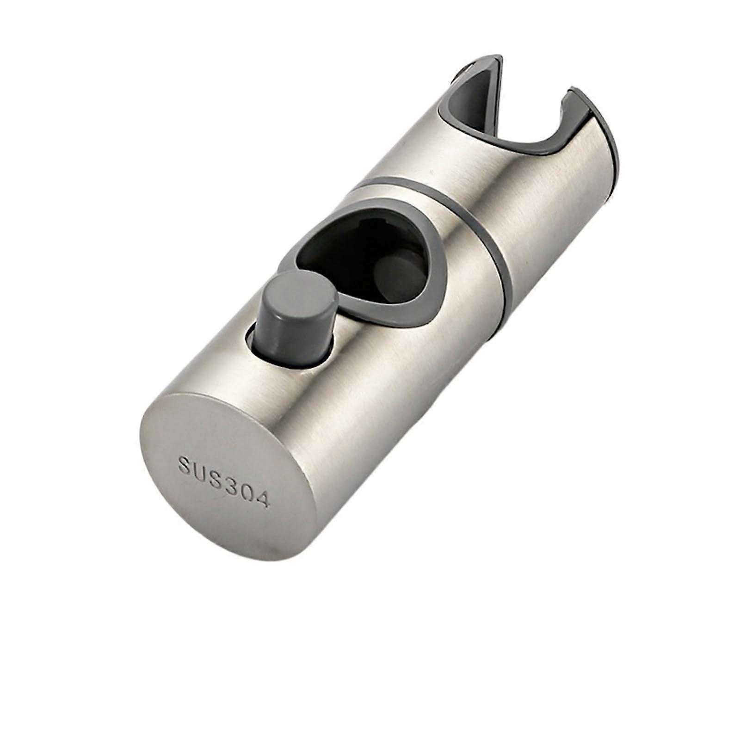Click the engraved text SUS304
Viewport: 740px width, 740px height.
(224, 481)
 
